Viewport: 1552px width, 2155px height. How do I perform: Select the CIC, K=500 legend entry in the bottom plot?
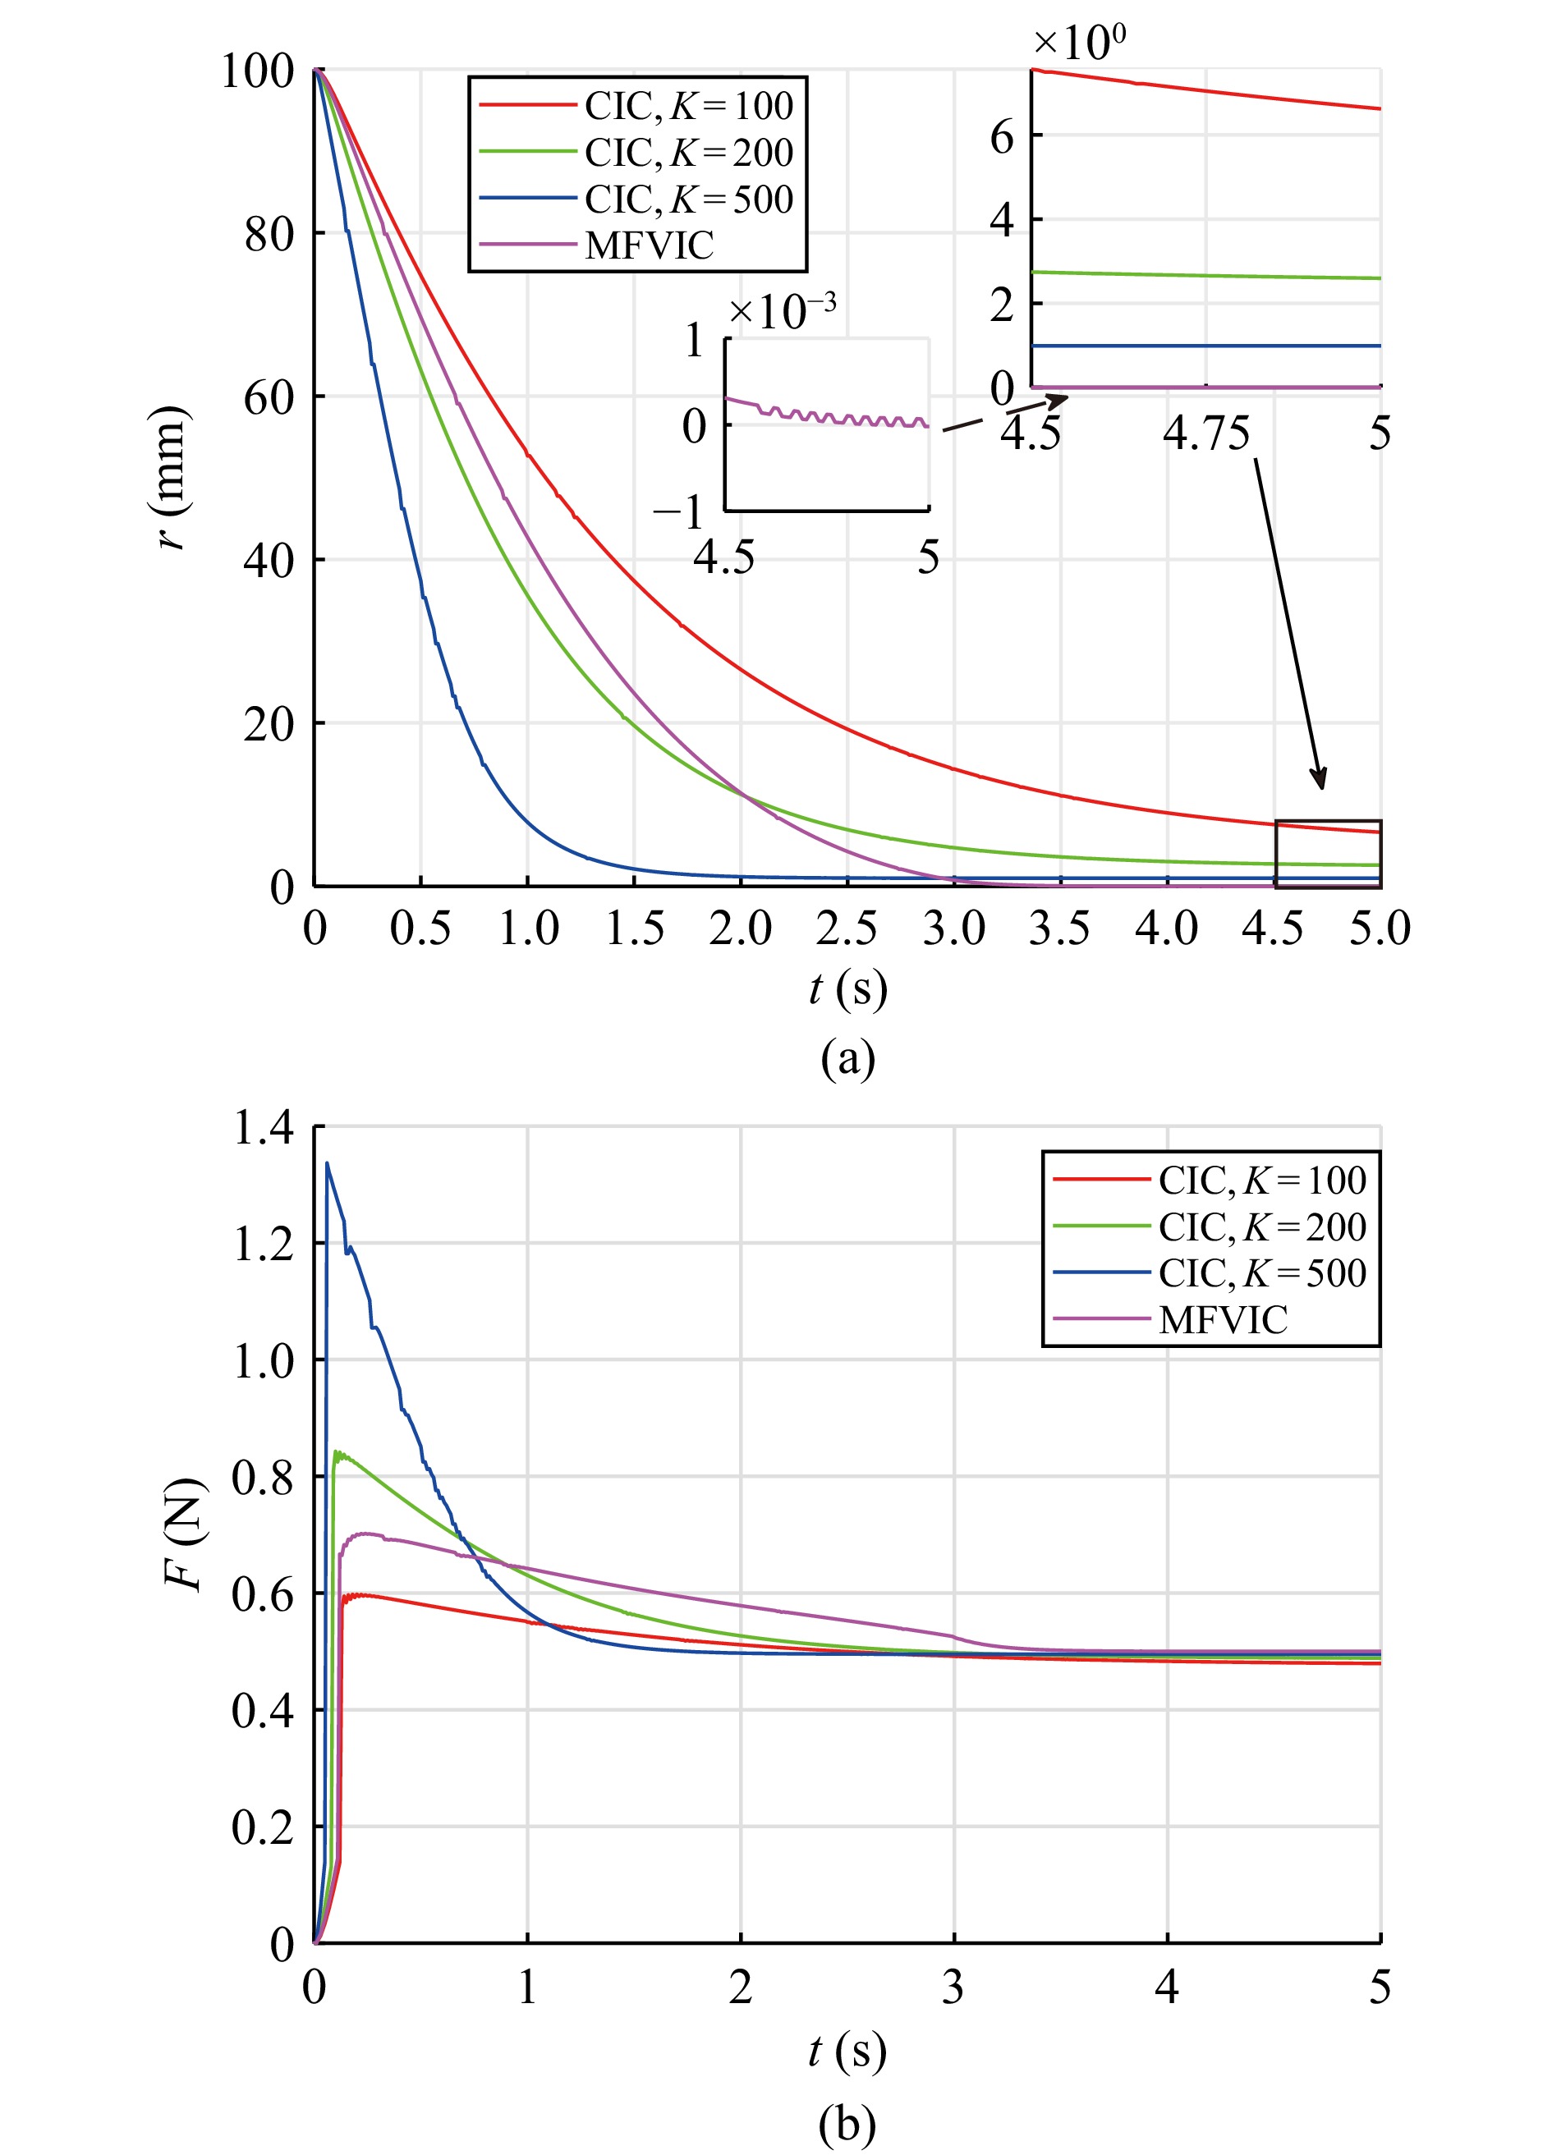(x=1261, y=1273)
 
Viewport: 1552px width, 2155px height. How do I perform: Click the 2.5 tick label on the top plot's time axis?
(x=846, y=928)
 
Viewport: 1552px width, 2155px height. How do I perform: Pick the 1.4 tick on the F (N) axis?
(x=264, y=1128)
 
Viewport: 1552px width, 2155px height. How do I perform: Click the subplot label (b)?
(x=847, y=2125)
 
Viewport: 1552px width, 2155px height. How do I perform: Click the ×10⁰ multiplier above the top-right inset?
(x=1079, y=42)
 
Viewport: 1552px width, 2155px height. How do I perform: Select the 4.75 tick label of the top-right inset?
(x=1206, y=433)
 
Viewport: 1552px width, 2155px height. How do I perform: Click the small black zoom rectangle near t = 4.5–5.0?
(x=1328, y=853)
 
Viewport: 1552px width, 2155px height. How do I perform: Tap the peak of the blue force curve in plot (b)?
(x=327, y=1164)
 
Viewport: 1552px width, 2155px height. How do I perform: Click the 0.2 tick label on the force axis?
(x=264, y=1827)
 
